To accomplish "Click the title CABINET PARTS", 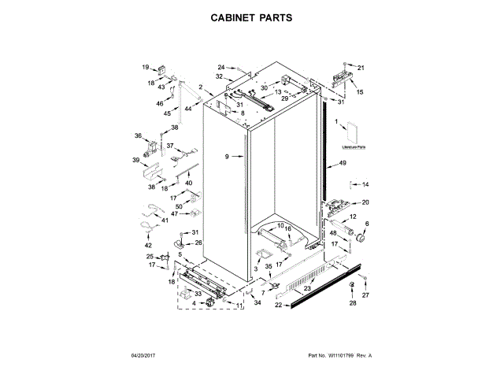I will click(x=252, y=16).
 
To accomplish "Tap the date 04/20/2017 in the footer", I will click(x=145, y=356).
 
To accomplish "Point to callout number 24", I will click(x=221, y=67).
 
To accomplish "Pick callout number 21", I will click(x=361, y=68).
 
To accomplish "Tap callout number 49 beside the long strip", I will click(x=343, y=163).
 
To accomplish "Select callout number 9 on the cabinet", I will click(x=226, y=157).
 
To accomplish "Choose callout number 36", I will click(x=138, y=135).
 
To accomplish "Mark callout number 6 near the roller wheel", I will click(x=365, y=224).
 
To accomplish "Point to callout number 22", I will click(x=278, y=305).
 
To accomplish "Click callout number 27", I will click(x=365, y=294).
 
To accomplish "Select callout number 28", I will click(x=353, y=302).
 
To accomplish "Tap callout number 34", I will click(x=257, y=302).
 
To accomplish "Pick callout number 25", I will click(x=150, y=256).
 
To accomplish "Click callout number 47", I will click(x=175, y=213).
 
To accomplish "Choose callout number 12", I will click(x=353, y=216).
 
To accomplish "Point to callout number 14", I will click(x=365, y=184).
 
